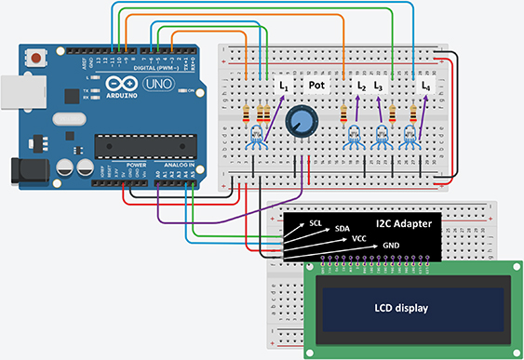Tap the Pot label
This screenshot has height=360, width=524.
(318, 86)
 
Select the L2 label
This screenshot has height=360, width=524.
(362, 86)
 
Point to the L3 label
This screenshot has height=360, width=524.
(378, 86)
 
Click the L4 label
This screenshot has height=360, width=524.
(426, 86)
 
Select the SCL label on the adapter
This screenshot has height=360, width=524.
(316, 223)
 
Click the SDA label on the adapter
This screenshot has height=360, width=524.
(343, 229)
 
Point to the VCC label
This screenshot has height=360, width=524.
(359, 239)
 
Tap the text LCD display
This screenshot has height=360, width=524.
(404, 308)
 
